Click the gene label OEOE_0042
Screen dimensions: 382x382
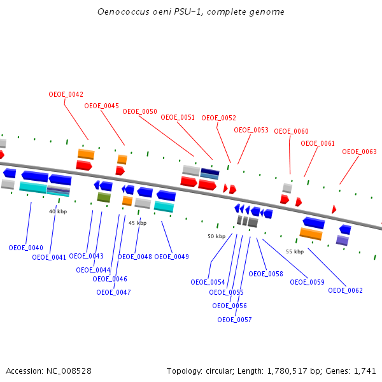(66, 94)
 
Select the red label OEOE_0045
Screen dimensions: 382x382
(102, 106)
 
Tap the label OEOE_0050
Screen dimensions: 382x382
(139, 111)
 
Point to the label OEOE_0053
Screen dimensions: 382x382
(251, 130)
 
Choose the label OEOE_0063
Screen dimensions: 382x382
(359, 152)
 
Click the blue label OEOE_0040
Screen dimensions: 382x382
(25, 248)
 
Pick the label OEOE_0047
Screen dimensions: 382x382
(113, 292)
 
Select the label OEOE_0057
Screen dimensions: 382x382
(234, 320)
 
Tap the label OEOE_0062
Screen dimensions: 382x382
(345, 290)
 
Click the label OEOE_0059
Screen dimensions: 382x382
(307, 282)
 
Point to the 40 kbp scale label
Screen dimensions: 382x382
(58, 211)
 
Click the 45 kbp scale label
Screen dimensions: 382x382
(138, 223)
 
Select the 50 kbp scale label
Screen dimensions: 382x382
(216, 236)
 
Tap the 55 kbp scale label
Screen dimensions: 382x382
(295, 251)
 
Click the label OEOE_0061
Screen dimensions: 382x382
(318, 143)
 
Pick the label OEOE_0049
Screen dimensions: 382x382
(171, 257)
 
